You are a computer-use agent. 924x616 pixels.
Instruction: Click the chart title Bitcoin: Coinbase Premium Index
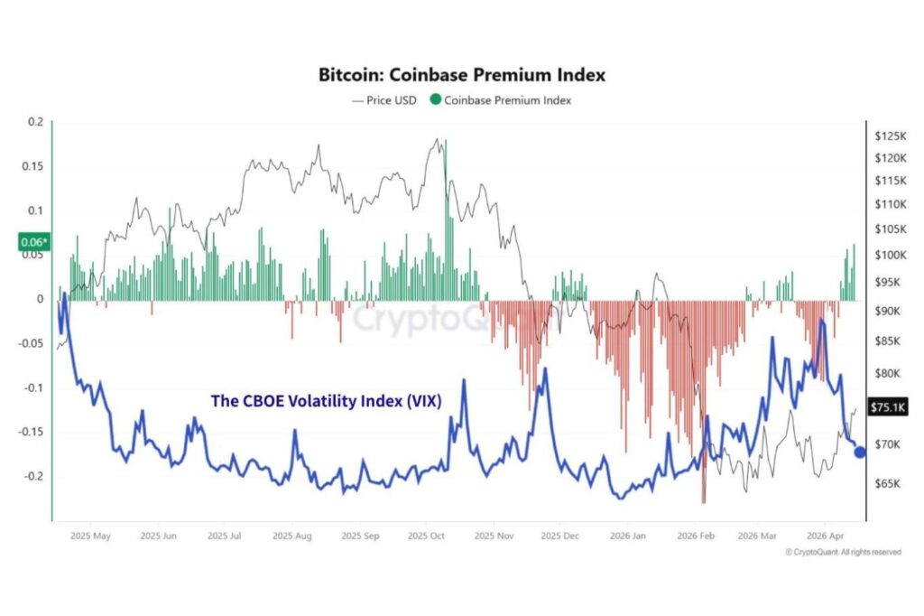[461, 75]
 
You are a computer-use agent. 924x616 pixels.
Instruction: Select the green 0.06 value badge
[34, 242]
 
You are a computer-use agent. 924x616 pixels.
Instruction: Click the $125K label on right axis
[890, 135]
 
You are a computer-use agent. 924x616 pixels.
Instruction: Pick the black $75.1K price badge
[883, 406]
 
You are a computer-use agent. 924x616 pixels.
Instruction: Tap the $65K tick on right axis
[887, 484]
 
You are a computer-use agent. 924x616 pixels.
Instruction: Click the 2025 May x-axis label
[91, 536]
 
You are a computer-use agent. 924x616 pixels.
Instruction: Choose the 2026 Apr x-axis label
[825, 536]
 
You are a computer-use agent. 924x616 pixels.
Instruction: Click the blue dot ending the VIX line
[860, 453]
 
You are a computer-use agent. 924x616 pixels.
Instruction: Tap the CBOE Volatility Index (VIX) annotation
[326, 401]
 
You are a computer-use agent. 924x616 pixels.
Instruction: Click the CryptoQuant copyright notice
[842, 552]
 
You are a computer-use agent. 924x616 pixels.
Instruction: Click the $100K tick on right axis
[890, 255]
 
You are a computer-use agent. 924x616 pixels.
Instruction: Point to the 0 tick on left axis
[40, 299]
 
